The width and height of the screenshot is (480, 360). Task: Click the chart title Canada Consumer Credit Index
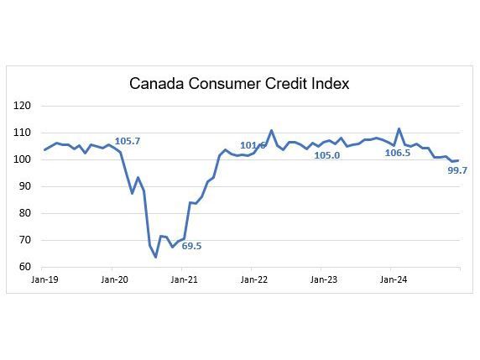[x=239, y=84]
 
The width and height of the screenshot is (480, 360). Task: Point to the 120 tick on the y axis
[x=23, y=106]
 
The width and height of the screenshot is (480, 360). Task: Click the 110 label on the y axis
[x=23, y=133]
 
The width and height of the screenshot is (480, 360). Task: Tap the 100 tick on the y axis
[x=23, y=159]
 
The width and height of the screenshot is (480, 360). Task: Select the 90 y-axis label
[x=25, y=186]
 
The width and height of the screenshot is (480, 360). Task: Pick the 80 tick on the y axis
[x=25, y=213]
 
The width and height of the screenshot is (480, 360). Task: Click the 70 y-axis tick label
[x=25, y=240]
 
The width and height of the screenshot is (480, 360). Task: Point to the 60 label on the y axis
[x=25, y=267]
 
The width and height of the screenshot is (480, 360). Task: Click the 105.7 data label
[x=127, y=141]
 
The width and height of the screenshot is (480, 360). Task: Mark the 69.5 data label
[x=191, y=247]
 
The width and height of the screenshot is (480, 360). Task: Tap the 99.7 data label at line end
[x=457, y=170]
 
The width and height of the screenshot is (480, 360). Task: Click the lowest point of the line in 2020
[x=155, y=257]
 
